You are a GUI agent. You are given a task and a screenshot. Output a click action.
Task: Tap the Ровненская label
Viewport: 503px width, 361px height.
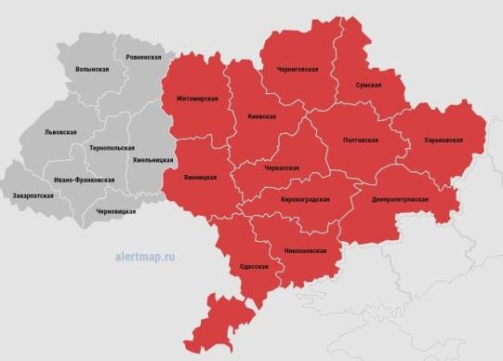pyautogui.click(x=130, y=58)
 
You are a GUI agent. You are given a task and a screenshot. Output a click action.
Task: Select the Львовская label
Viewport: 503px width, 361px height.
pyautogui.click(x=60, y=132)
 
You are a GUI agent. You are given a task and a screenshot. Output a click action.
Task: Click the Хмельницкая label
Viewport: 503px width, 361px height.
pyautogui.click(x=153, y=161)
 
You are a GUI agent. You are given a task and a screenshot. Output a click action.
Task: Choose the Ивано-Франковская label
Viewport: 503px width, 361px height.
pyautogui.click(x=84, y=180)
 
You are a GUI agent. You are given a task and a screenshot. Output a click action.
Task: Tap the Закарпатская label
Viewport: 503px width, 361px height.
pyautogui.click(x=33, y=196)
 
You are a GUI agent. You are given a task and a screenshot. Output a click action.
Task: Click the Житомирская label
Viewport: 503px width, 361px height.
pyautogui.click(x=197, y=99)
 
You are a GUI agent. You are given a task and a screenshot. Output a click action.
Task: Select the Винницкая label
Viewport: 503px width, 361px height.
pyautogui.click(x=200, y=177)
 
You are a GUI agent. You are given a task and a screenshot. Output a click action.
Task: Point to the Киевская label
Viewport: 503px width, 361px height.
pyautogui.click(x=263, y=117)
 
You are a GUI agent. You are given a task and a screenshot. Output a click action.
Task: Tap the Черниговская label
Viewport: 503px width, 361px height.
pyautogui.click(x=298, y=70)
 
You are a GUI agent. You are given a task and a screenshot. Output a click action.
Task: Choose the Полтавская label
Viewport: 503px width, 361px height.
pyautogui.click(x=360, y=140)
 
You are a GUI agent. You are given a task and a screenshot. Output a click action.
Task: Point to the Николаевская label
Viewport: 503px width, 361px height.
pyautogui.click(x=305, y=251)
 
